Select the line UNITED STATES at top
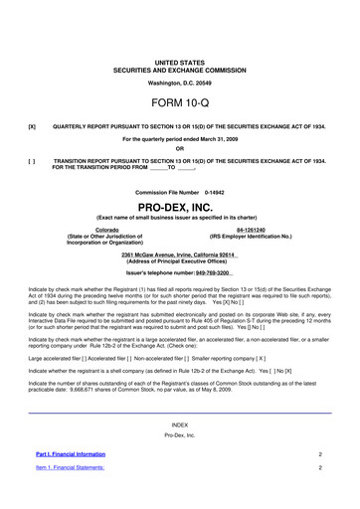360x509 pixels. [180, 34]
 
